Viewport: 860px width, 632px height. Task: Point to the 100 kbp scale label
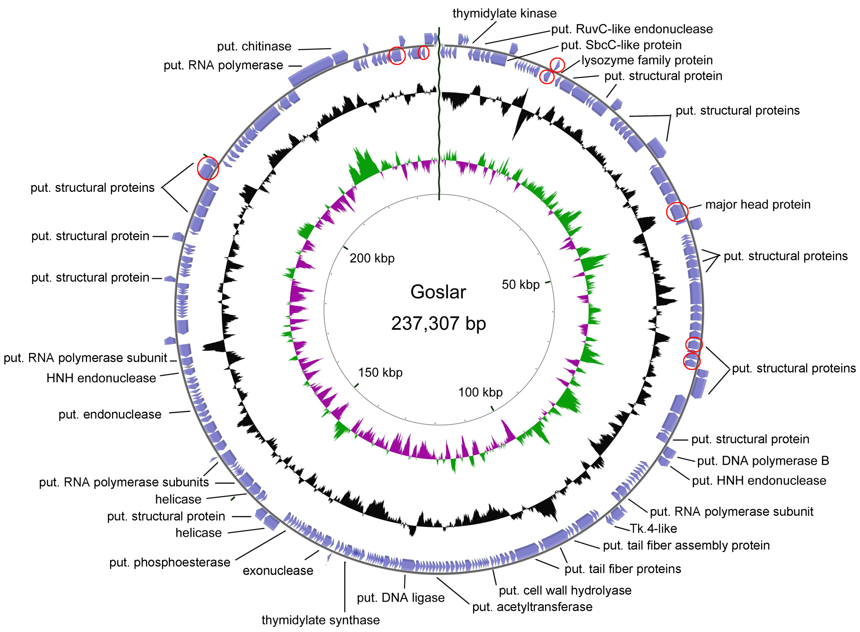tap(481, 392)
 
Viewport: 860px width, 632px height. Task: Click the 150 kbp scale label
tap(380, 372)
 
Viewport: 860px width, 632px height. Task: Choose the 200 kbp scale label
tap(372, 258)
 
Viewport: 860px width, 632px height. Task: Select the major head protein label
tap(757, 205)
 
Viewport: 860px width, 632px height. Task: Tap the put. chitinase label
tap(254, 46)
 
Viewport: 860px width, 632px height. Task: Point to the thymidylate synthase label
tap(321, 620)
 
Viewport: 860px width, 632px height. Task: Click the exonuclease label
tap(278, 570)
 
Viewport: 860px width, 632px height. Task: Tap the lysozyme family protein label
tap(647, 60)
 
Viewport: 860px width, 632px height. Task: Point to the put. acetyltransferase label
tap(532, 607)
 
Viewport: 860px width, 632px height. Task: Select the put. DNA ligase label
tap(401, 598)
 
